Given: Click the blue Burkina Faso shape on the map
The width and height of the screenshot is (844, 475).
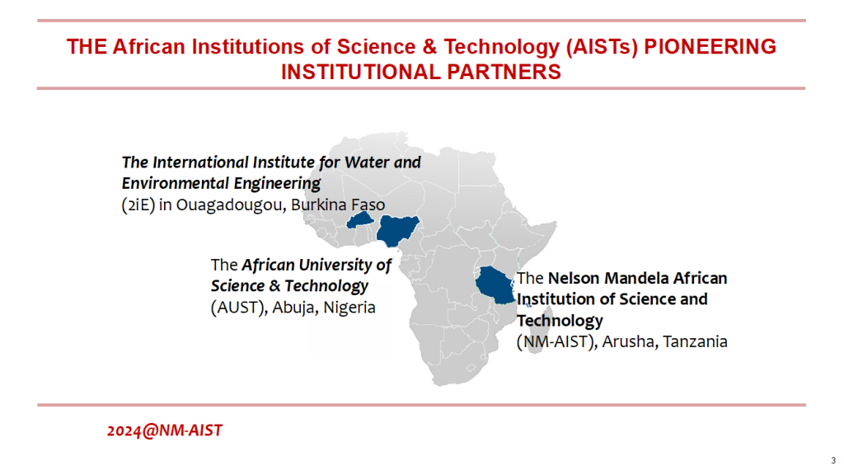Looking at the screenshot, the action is tap(360, 219).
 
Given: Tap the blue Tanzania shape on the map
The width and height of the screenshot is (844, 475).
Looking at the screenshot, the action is tap(495, 285).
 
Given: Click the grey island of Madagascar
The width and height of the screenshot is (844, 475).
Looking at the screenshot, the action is tap(541, 330).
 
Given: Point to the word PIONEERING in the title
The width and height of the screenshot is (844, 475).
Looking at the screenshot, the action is tap(710, 47).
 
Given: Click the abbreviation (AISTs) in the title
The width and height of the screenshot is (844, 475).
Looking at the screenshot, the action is tap(602, 47).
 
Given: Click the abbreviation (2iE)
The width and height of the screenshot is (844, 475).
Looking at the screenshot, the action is tap(138, 205).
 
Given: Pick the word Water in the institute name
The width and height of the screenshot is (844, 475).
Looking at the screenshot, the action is tap(366, 162).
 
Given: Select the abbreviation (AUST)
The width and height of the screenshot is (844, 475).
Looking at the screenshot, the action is tap(239, 308).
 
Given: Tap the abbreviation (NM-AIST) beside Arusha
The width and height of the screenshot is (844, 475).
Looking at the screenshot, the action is tap(557, 341).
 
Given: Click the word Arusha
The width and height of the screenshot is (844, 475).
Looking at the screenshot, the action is tap(630, 341).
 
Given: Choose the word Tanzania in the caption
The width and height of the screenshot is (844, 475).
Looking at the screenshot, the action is tap(696, 341).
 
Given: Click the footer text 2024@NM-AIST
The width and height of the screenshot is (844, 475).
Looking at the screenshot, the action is tap(165, 430).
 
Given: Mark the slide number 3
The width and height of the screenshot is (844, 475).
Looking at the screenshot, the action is tap(833, 460).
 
